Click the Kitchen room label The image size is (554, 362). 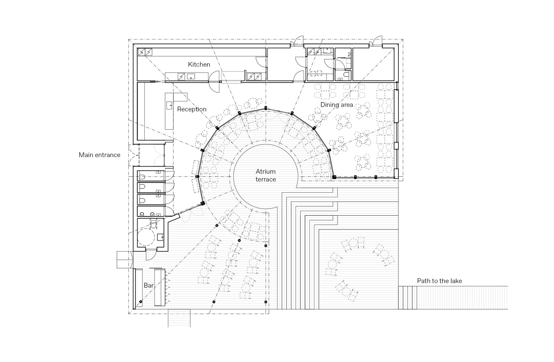(x=199, y=64)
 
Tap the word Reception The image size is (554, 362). (x=192, y=109)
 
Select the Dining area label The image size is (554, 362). (x=337, y=105)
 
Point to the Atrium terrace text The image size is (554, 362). (x=266, y=176)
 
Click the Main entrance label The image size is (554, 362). (x=100, y=155)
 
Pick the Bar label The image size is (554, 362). (x=149, y=286)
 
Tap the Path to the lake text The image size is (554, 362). (x=440, y=281)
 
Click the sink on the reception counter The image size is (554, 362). (x=169, y=105)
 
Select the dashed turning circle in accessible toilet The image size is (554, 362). (x=146, y=237)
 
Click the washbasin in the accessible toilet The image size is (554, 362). (x=160, y=237)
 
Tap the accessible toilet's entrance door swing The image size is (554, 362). (x=151, y=255)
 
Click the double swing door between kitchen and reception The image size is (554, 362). (x=214, y=82)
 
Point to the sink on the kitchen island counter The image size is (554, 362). (x=191, y=76)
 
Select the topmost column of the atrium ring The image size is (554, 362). (x=266, y=108)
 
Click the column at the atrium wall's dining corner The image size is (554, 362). (x=334, y=177)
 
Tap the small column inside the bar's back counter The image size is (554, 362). (x=141, y=302)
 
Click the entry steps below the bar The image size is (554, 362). (x=179, y=318)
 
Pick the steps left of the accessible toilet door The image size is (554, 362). (x=125, y=260)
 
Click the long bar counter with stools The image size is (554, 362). (x=160, y=287)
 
